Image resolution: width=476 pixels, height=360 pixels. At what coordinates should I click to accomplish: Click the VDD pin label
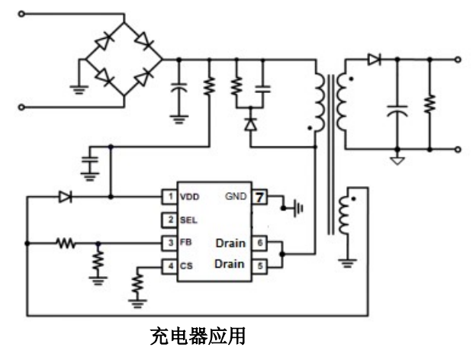189,197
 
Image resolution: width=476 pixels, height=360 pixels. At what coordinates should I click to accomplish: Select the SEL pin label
188,220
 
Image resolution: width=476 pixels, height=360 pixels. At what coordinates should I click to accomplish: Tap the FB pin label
185,243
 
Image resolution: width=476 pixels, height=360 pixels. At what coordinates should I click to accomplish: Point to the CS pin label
186,266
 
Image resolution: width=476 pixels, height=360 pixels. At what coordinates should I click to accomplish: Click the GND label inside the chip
236,196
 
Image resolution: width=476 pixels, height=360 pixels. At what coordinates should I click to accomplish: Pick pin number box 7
260,196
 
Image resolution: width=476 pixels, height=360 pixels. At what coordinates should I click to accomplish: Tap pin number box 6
260,243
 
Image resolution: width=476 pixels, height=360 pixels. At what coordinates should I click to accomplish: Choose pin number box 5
260,265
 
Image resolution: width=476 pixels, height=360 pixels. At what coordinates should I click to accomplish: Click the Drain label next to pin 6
230,243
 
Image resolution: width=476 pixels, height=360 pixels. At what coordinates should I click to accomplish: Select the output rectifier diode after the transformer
374,59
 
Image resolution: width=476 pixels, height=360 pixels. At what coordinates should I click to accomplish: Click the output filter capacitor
396,111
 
